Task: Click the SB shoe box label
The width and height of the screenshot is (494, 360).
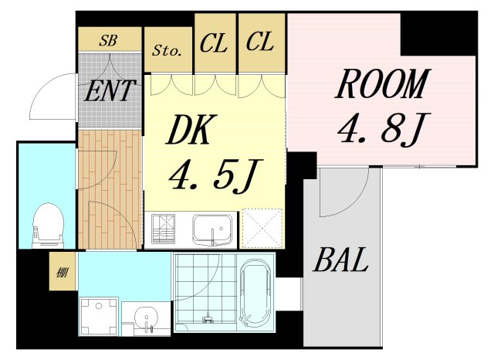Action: [x=109, y=40]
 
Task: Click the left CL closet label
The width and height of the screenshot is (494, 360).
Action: [x=214, y=43]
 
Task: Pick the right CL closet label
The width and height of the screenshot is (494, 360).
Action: [x=260, y=43]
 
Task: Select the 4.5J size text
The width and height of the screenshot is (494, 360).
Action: [x=213, y=178]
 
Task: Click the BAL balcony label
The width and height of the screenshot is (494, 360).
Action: [x=340, y=261]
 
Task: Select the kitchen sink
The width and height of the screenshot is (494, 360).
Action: [x=212, y=229]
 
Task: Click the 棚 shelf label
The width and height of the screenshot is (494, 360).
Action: [x=61, y=272]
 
